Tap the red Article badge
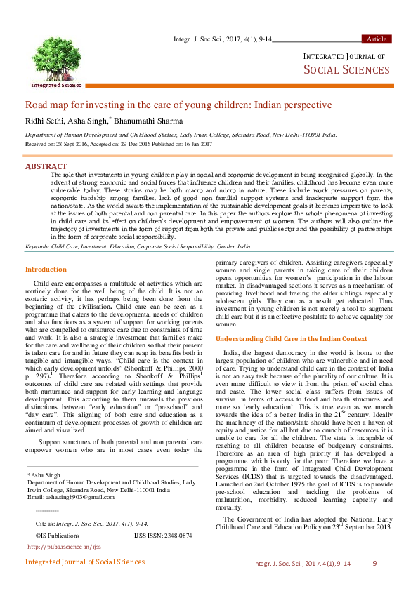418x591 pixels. [376, 39]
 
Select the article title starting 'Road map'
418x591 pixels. [178, 105]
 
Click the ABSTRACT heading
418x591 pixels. [46, 166]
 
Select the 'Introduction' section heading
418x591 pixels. [46, 270]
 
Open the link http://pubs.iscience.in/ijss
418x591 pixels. [64, 545]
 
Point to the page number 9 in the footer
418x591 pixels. [374, 563]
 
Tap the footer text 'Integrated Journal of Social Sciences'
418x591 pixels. [85, 562]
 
